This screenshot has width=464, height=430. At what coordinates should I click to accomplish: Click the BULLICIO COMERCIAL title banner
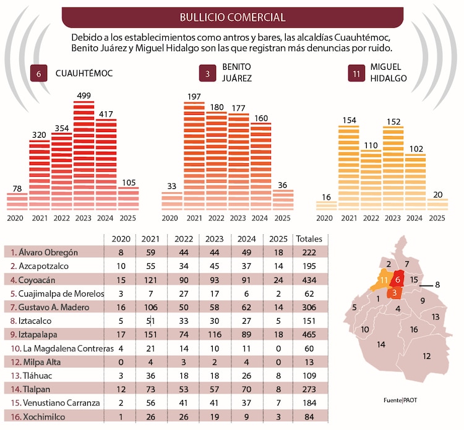tap(232, 17)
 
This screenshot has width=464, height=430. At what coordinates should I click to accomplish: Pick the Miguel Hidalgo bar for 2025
tap(437, 204)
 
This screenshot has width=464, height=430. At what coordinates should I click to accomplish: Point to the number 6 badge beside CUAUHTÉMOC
tap(39, 74)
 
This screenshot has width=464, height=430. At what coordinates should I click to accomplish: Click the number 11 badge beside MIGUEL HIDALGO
tap(356, 74)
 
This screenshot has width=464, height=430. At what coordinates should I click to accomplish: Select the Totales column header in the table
tap(310, 239)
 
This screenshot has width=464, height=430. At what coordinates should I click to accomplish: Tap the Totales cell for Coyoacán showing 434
tap(310, 280)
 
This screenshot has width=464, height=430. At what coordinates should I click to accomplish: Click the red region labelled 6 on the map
tap(398, 280)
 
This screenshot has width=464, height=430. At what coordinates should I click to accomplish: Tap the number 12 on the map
tap(427, 356)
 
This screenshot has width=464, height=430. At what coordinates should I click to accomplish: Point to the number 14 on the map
tap(382, 344)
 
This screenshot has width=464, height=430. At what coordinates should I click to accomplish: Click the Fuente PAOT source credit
tap(400, 400)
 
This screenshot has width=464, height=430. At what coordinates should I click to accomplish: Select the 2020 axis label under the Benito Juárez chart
tap(171, 217)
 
